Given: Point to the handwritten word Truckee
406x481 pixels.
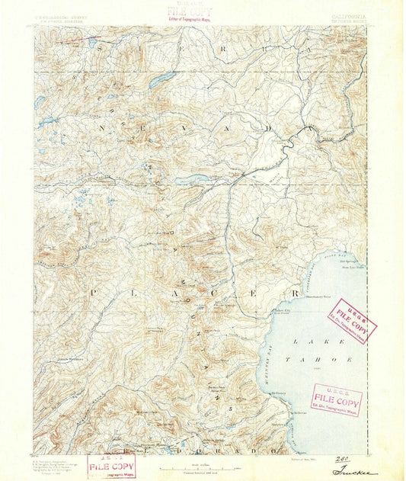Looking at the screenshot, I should (x=356, y=472).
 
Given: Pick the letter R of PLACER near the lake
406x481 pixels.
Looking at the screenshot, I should (x=296, y=293).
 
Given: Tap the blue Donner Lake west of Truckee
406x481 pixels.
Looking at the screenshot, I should (x=190, y=181).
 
